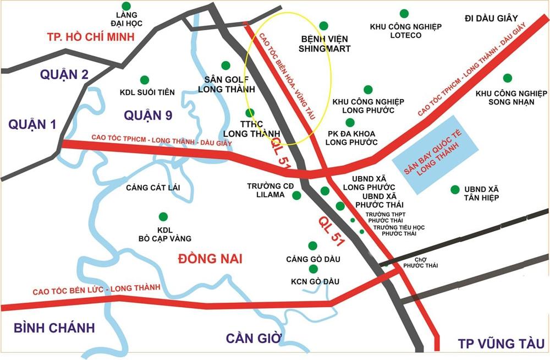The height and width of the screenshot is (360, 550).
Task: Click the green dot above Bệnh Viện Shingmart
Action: (x=323, y=25)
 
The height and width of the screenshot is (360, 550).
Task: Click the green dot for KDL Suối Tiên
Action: (x=145, y=80)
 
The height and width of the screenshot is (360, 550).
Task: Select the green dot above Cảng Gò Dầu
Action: (x=313, y=246)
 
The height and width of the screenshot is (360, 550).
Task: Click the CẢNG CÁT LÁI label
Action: (x=153, y=188)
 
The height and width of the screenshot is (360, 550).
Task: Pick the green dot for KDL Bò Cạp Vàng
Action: (x=162, y=216)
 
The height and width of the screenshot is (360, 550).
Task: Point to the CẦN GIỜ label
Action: (x=254, y=337)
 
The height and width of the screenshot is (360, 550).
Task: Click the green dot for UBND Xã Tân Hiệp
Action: (x=455, y=189)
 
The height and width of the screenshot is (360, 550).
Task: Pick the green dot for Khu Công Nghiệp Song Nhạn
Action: (x=507, y=78)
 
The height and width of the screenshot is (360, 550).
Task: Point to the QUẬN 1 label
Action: (x=32, y=125)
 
